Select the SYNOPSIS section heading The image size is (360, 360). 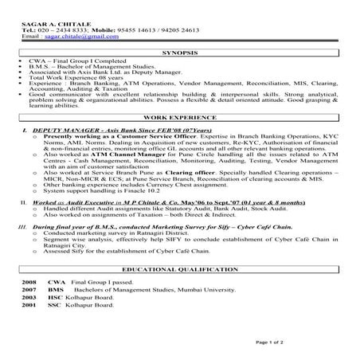tap(180, 52)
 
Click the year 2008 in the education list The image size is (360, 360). tap(29, 283)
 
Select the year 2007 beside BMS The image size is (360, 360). tap(29, 290)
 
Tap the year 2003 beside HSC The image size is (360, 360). tap(29, 297)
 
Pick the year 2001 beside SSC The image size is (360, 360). tap(29, 304)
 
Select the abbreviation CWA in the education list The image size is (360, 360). tap(56, 283)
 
